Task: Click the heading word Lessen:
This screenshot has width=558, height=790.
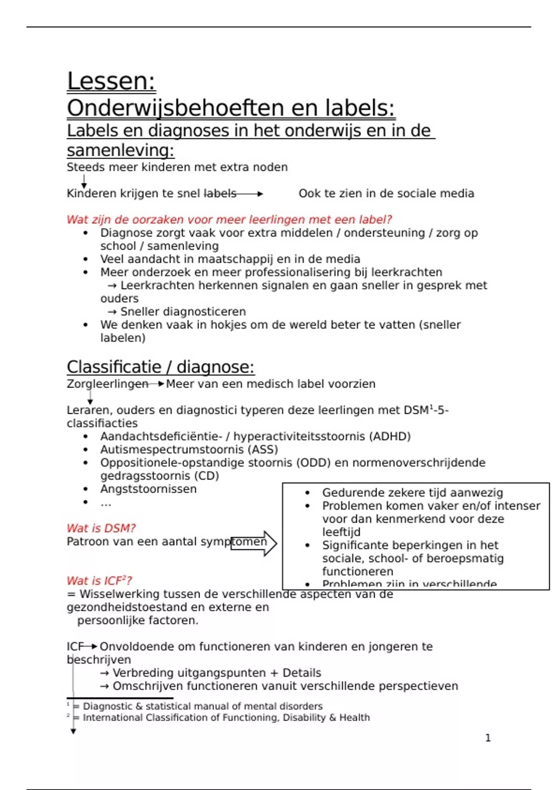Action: [x=111, y=81]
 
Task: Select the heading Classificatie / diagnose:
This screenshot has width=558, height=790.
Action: [x=160, y=367]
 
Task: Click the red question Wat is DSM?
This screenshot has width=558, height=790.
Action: [x=101, y=528]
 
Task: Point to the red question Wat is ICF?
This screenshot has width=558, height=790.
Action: [x=99, y=581]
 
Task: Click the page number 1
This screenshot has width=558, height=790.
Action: [x=488, y=738]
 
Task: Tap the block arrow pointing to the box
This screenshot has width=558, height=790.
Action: [x=254, y=543]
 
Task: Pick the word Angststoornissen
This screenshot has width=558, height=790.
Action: [x=148, y=489]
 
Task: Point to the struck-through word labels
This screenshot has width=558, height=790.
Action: [x=220, y=194]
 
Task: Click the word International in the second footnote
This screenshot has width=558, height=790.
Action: [x=113, y=718]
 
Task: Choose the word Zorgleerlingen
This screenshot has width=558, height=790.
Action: [x=107, y=384]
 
